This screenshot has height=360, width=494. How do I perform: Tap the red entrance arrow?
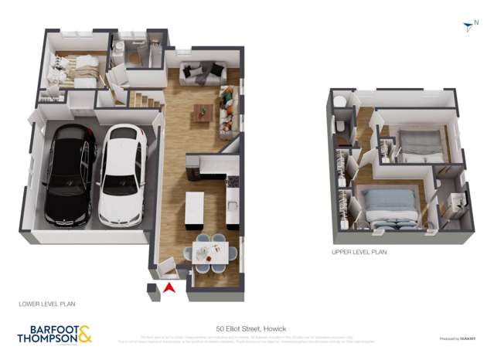(x=169, y=289)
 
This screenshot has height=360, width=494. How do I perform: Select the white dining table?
(x=211, y=252)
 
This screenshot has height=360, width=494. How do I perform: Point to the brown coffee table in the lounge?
(x=203, y=111)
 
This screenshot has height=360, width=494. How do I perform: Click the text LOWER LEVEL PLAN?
(x=47, y=304)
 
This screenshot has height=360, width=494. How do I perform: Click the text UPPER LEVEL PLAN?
(x=359, y=252)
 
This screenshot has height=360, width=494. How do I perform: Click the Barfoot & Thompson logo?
(x=54, y=334)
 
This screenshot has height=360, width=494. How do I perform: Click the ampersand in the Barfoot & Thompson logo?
(x=84, y=333)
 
